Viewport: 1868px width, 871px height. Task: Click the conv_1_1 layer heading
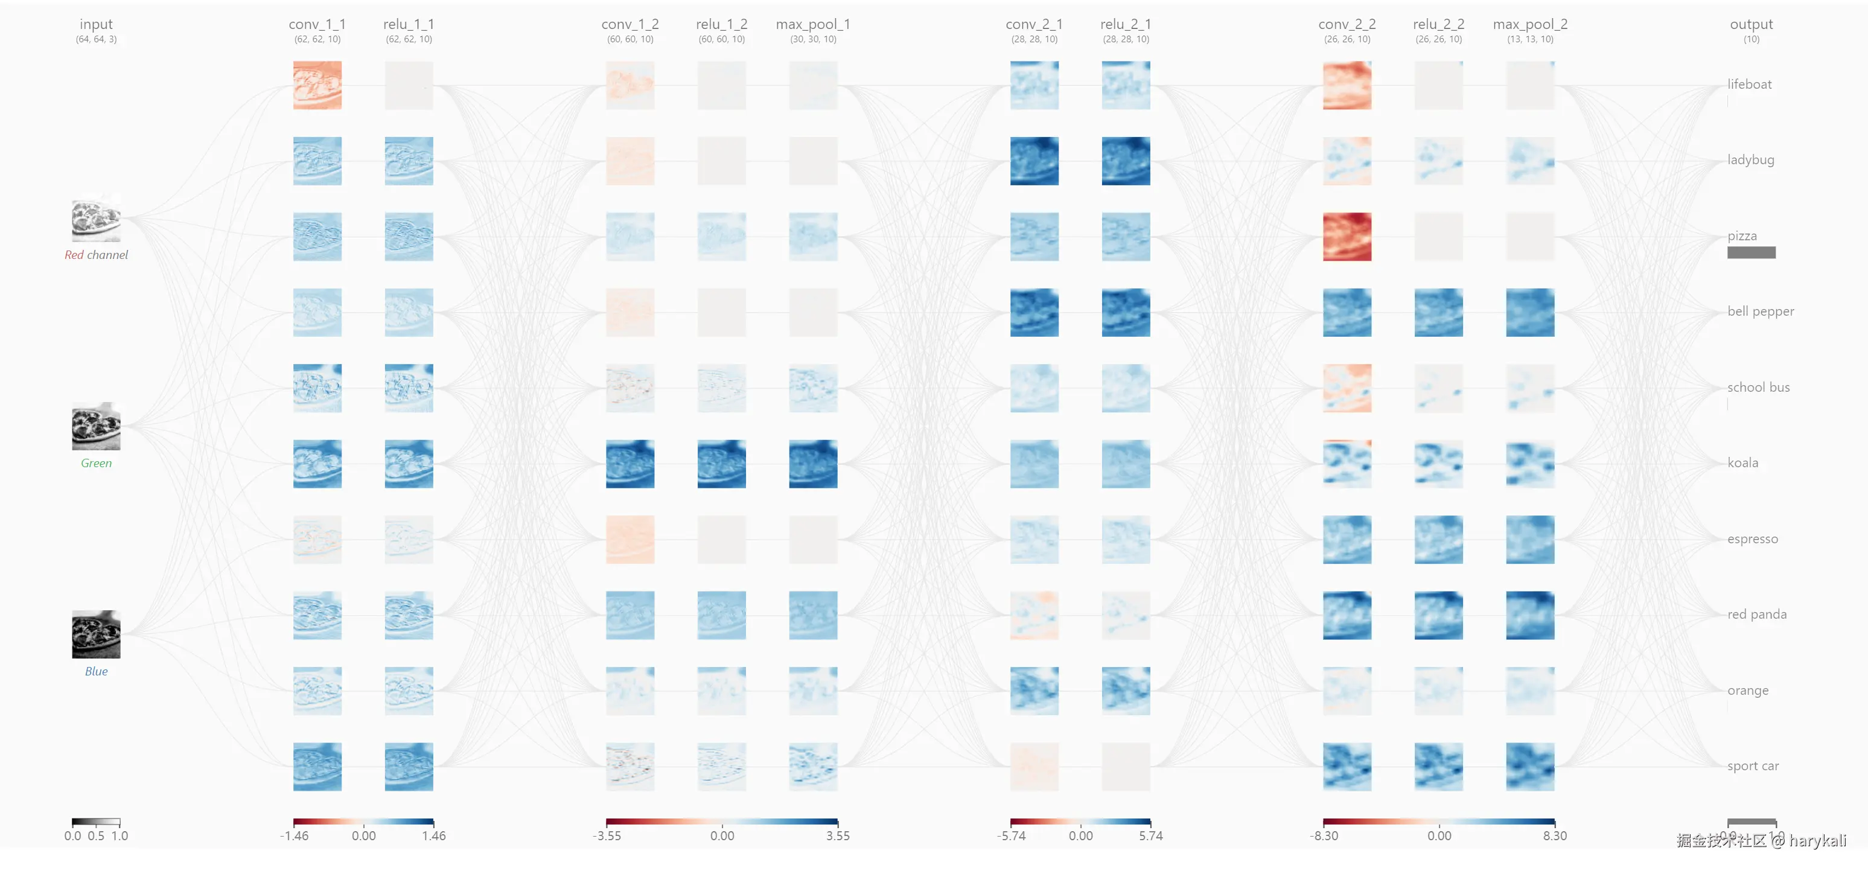[317, 25]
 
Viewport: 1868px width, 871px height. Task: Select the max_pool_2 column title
[1529, 25]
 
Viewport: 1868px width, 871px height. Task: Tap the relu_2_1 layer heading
[1126, 25]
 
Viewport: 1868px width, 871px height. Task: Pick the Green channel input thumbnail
[96, 426]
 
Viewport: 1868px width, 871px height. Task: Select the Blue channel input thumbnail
[96, 634]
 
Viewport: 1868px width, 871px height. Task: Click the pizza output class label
[1741, 235]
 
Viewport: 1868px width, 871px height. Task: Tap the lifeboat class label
[1748, 84]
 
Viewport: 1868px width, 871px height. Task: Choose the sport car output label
[1752, 766]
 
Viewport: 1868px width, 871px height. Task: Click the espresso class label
[1752, 539]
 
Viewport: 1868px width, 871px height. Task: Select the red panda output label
[1756, 614]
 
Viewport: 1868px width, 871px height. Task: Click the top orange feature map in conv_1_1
[317, 86]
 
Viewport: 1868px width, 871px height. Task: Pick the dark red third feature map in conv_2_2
[1347, 237]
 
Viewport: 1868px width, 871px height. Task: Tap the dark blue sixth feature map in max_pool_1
[813, 464]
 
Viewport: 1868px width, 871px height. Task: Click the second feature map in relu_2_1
[1126, 161]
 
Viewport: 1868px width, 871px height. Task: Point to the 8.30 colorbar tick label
[1554, 835]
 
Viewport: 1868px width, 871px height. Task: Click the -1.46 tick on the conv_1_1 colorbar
[295, 835]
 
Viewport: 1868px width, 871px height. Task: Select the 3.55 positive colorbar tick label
[838, 835]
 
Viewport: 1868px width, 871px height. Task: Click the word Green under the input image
[96, 464]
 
